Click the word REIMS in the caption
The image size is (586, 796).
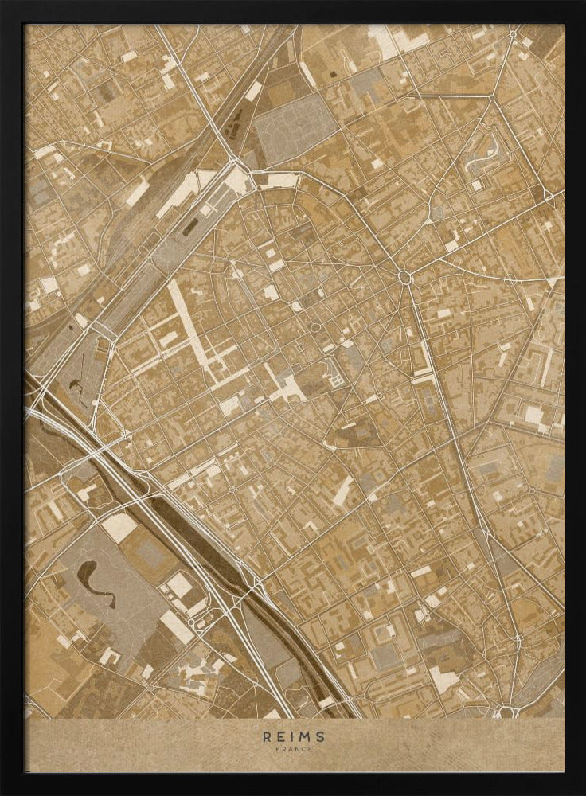click(x=293, y=736)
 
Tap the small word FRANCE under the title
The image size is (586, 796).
click(x=293, y=749)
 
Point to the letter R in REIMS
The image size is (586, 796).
click(x=267, y=736)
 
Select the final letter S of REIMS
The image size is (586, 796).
click(x=320, y=736)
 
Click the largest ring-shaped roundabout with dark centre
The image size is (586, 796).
click(x=405, y=276)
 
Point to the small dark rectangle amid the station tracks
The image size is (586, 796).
click(x=190, y=228)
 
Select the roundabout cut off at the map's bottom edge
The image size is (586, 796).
click(x=506, y=711)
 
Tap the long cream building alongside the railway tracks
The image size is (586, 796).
click(x=177, y=196)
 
